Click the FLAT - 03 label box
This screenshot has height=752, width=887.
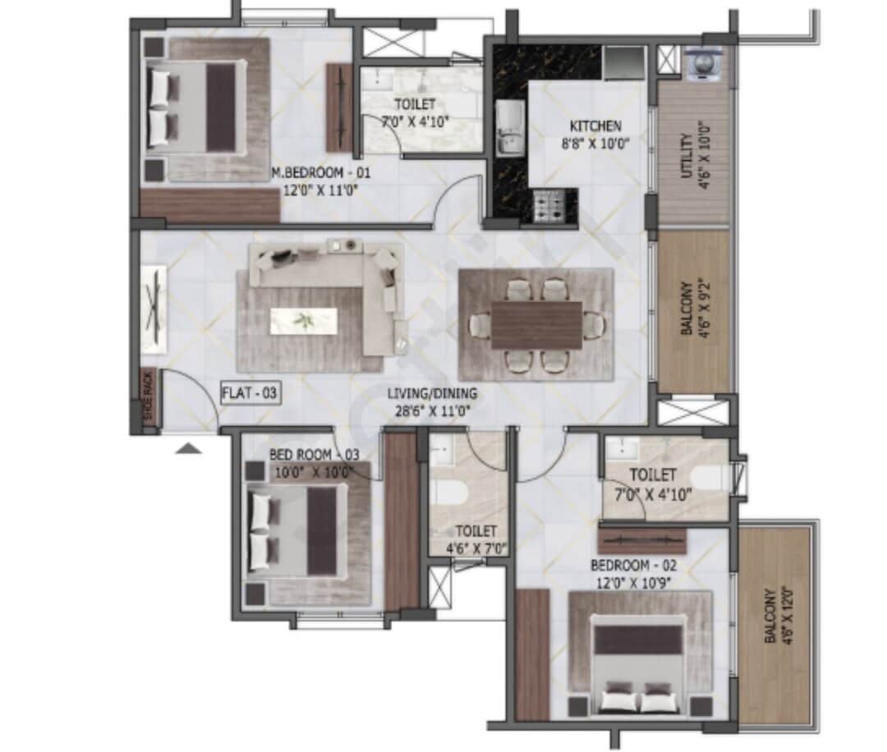tap(250, 394)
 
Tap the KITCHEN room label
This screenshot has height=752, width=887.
tap(595, 126)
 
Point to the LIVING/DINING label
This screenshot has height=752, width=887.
tap(432, 394)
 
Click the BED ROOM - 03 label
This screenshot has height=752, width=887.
tap(312, 455)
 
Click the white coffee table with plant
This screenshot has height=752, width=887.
tap(304, 321)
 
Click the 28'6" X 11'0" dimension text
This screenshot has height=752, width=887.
tap(432, 411)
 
